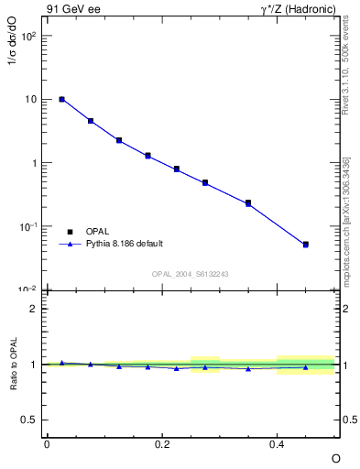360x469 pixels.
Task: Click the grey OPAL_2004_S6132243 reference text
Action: [x=190, y=274]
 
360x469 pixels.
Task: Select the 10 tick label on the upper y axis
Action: [x=31, y=99]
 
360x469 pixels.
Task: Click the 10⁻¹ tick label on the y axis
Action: [x=28, y=226]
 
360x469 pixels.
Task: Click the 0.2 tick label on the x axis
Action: [x=161, y=443]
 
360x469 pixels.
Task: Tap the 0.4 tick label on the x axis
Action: [x=277, y=443]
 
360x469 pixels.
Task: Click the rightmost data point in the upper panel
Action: [x=305, y=245]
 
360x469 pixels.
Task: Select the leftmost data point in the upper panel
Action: [x=61, y=99]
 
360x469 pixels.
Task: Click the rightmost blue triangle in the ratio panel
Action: [x=305, y=367]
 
